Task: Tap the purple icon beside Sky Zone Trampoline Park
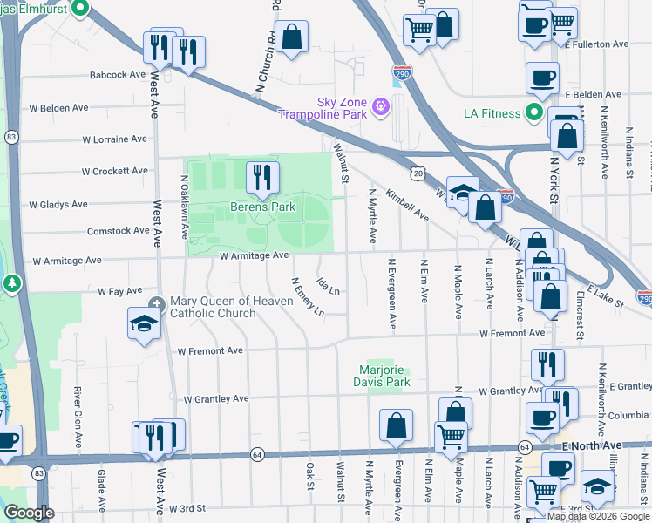tap(380, 107)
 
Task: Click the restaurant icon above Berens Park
tap(262, 178)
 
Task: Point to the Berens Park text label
tap(262, 207)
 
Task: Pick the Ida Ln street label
tap(328, 284)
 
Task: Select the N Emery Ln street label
tap(308, 297)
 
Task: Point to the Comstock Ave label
tap(119, 231)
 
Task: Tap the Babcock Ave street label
tap(118, 75)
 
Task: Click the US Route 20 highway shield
tap(420, 174)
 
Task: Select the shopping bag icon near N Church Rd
tap(293, 37)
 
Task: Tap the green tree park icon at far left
tap(10, 283)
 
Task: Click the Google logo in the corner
tap(29, 513)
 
